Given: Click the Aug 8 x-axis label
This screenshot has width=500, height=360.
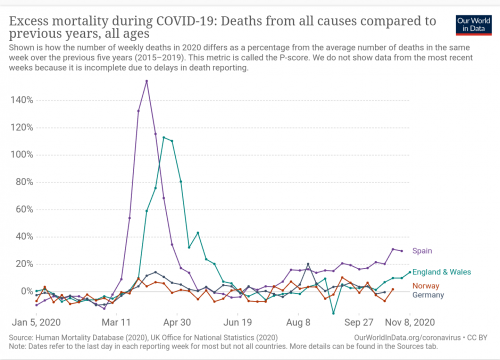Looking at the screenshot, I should [298, 324].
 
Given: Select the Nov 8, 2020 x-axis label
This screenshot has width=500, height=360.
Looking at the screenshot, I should [408, 324].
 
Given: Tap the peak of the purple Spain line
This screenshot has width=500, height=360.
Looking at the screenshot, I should [147, 81].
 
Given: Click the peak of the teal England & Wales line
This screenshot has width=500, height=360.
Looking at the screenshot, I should [164, 137].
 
